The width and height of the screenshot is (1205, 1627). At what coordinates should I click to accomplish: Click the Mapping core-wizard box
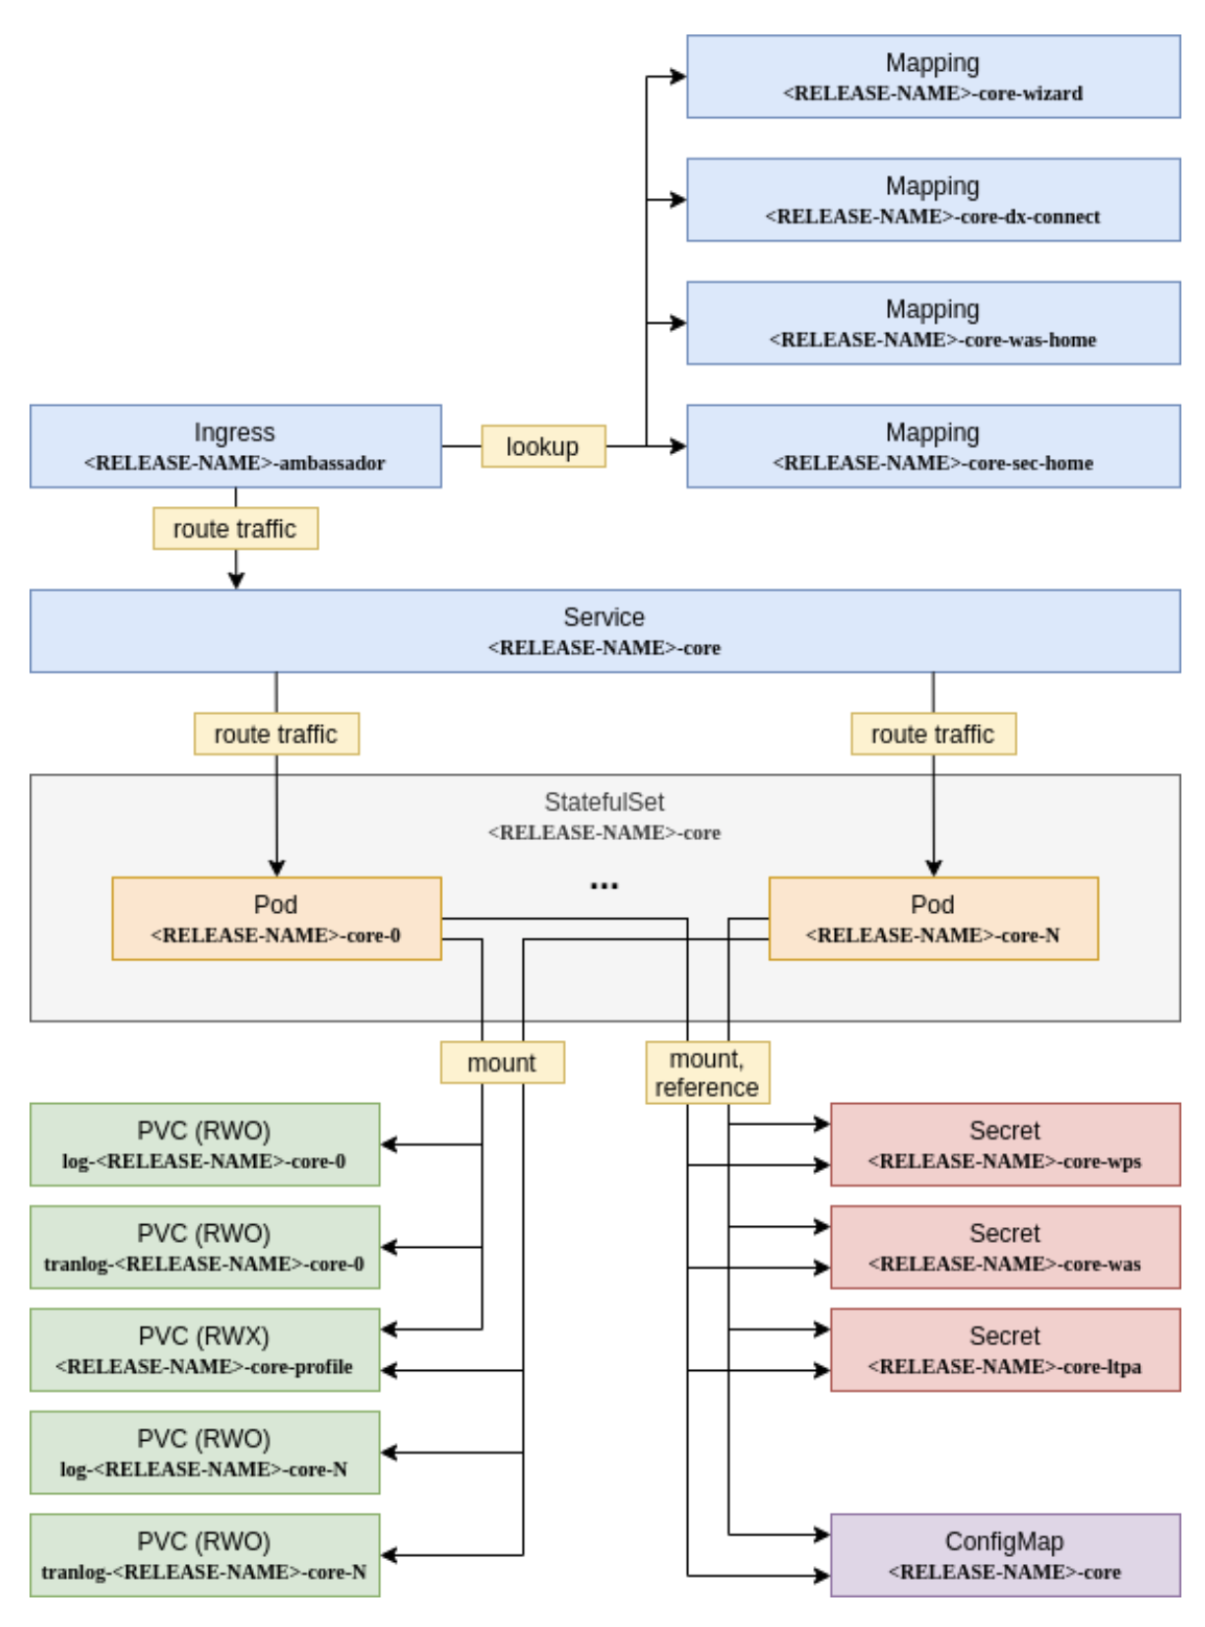pos(932,77)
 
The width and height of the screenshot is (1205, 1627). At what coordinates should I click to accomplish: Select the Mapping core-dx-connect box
pos(932,200)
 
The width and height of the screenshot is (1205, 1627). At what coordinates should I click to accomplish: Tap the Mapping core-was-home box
pos(932,323)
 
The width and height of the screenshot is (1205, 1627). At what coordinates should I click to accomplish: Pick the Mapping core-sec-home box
pos(932,446)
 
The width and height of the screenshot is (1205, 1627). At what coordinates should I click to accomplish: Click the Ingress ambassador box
pos(235,446)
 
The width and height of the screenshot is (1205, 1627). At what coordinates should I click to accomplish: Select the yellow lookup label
pos(542,446)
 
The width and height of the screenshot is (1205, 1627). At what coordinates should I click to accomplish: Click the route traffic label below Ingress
pos(235,529)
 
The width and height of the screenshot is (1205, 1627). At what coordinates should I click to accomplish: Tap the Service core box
pos(604,631)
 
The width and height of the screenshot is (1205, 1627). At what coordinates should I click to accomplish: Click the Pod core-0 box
pos(276,918)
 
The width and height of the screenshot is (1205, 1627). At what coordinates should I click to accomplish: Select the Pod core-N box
pos(932,918)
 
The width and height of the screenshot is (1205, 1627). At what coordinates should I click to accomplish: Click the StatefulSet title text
pos(604,802)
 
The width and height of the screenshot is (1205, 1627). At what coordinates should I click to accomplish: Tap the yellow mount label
pos(502,1063)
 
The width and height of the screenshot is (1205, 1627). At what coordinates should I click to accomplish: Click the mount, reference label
pos(707,1073)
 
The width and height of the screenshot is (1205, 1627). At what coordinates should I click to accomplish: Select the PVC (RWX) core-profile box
pos(205,1349)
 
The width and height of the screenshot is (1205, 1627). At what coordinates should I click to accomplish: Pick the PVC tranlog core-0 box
pos(205,1247)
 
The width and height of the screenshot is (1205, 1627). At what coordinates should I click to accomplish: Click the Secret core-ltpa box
pos(1004,1349)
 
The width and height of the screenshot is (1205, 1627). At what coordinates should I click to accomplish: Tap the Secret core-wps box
pos(1004,1144)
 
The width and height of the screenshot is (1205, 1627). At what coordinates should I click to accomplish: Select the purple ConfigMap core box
pos(1004,1555)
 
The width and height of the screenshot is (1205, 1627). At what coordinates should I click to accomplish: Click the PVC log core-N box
pos(205,1453)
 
